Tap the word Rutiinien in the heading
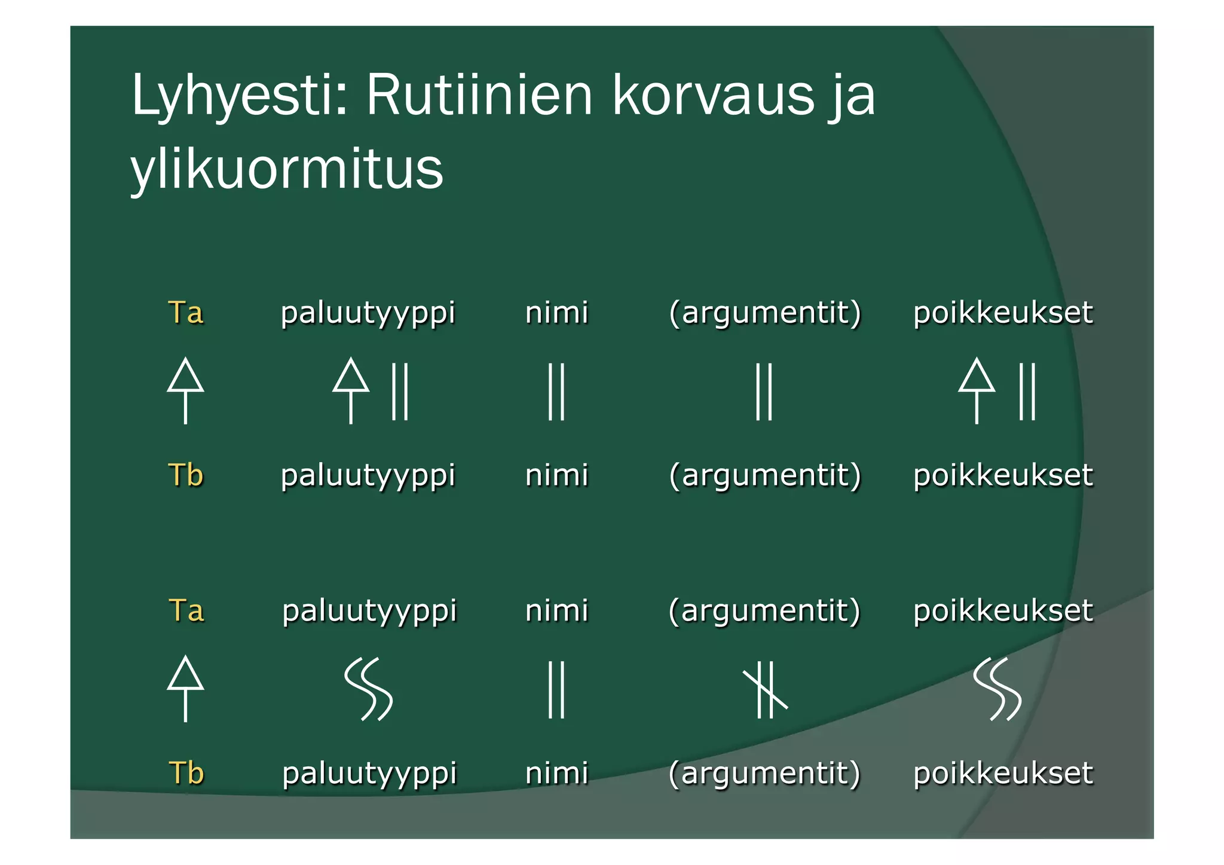click(479, 96)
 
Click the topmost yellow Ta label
click(185, 313)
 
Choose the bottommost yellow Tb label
click(186, 773)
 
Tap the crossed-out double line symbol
click(765, 690)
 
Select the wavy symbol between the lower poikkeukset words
click(997, 689)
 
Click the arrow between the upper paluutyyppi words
click(351, 391)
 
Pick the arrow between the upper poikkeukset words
click(977, 391)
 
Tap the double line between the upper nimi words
click(556, 392)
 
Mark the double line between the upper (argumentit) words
click(764, 392)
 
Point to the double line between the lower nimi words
click(556, 689)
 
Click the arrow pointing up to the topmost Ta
click(185, 391)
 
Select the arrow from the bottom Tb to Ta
click(185, 689)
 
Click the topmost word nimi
click(556, 313)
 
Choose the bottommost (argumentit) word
click(764, 774)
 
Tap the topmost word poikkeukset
click(1003, 313)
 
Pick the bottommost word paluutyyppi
click(369, 774)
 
